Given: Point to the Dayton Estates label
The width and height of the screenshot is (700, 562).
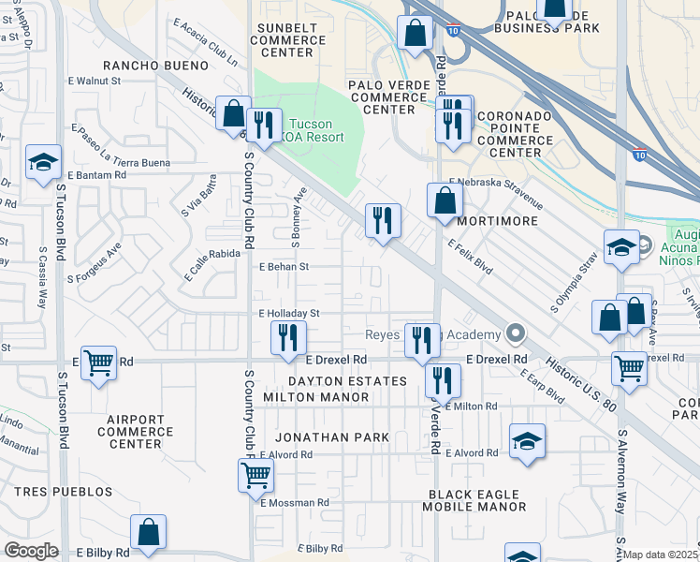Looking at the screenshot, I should click(347, 381).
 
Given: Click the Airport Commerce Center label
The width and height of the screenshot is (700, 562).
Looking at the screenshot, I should click(135, 437).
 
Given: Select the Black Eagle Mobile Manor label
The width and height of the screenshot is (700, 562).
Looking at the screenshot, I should click(477, 500).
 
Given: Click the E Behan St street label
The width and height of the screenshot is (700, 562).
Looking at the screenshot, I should click(284, 267).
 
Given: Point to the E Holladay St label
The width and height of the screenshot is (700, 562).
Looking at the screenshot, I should click(290, 314).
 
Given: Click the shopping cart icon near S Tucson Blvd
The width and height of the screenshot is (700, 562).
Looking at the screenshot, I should click(98, 362).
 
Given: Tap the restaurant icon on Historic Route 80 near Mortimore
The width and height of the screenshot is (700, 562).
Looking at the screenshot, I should click(383, 220).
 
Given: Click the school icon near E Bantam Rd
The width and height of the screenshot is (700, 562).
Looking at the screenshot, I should click(43, 162).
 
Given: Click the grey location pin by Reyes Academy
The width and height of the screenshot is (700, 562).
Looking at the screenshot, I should click(514, 333).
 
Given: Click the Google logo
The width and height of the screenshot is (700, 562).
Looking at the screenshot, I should click(32, 551).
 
